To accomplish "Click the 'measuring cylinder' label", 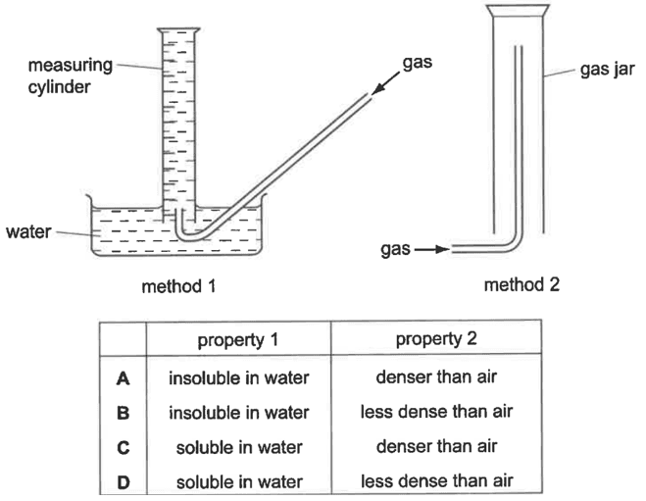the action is (x=71, y=75).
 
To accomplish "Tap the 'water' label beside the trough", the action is (x=28, y=231).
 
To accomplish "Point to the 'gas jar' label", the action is (x=607, y=70).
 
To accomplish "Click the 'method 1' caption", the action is (x=178, y=286).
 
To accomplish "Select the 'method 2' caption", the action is (x=522, y=284).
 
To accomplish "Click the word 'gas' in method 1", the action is (x=418, y=63).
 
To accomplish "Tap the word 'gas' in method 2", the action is (x=395, y=250).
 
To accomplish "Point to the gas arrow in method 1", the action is (x=385, y=83).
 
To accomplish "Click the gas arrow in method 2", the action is (x=431, y=249).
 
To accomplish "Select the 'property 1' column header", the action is (x=238, y=340).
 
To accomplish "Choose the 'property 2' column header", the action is (x=436, y=338).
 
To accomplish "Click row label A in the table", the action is (x=123, y=378).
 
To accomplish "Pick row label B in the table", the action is (x=123, y=413).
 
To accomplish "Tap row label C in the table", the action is (x=124, y=447).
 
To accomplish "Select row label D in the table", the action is (x=124, y=482).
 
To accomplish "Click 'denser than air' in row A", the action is (x=436, y=377).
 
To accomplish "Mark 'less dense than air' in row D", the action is (x=436, y=480).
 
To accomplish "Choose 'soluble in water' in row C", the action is (x=239, y=447).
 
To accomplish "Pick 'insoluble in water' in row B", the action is (x=239, y=413).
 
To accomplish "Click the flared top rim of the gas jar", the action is (x=518, y=11).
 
